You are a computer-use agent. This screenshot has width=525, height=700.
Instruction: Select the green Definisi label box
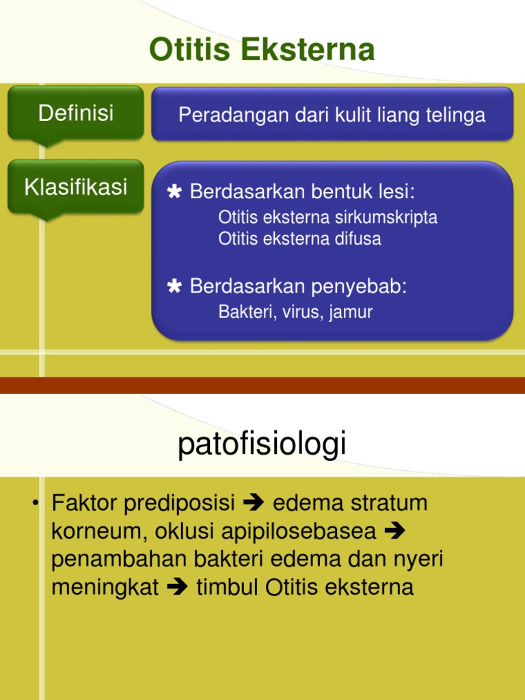76,113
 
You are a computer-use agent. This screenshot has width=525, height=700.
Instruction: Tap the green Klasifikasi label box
76,187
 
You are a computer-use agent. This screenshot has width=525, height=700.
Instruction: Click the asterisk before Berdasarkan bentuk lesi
174,192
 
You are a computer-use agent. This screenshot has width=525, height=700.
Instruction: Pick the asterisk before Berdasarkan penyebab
174,286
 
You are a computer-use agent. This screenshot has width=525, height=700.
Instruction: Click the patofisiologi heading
262,444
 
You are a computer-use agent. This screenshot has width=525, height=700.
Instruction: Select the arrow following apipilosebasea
395,531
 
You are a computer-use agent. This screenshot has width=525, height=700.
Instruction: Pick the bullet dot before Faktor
34,504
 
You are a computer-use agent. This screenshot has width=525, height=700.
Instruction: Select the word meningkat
105,587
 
